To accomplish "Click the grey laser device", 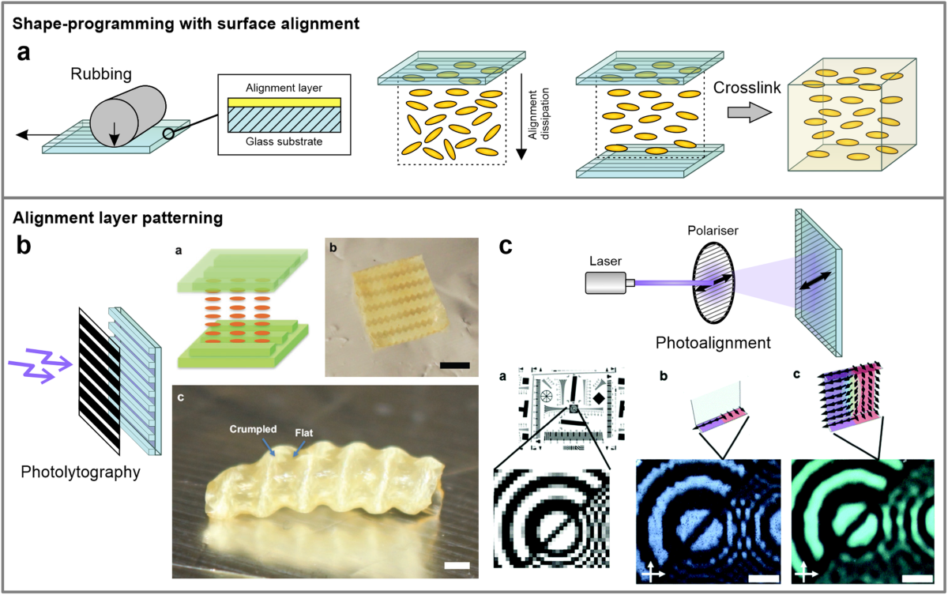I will [x=608, y=282].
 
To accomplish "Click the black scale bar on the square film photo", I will [x=454, y=365].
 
